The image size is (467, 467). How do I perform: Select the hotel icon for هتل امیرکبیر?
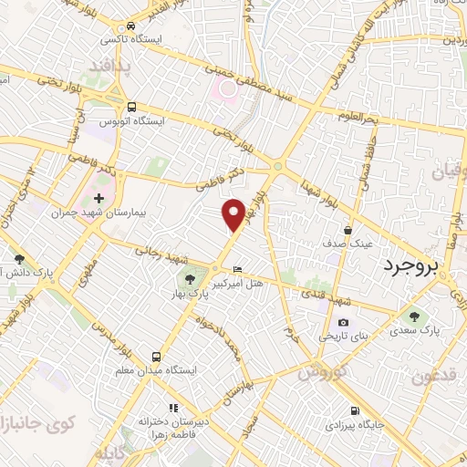238,270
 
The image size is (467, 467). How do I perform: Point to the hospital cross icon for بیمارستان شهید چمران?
99,198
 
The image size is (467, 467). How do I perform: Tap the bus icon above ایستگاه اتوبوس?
132,107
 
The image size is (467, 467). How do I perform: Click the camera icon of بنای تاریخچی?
343,322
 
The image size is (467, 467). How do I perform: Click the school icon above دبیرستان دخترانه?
173,408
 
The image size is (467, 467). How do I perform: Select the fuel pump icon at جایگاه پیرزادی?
355,410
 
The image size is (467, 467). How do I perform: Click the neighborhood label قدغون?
432,377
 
